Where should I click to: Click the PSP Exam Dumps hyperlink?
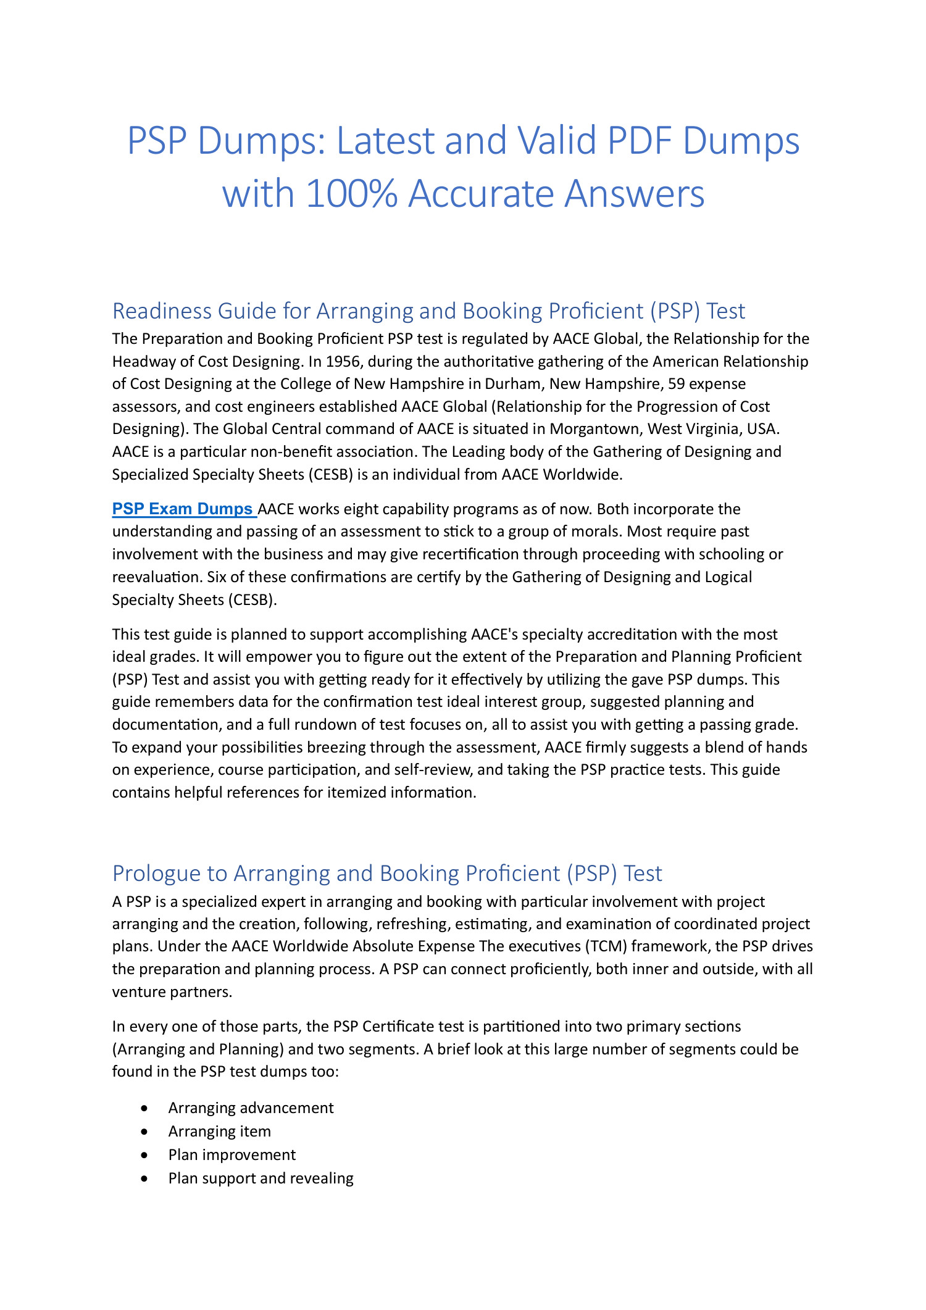click(183, 509)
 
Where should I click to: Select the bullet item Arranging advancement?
click(251, 1108)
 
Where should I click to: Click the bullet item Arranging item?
click(219, 1131)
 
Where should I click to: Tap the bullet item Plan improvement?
click(231, 1154)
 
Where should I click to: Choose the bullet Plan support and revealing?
click(261, 1178)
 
